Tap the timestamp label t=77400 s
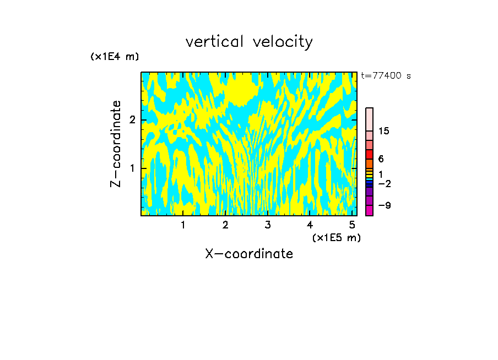[x=386, y=76]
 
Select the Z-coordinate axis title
[x=116, y=144]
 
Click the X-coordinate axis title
[x=249, y=254]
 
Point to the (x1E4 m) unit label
[x=115, y=57]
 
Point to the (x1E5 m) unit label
[x=336, y=237]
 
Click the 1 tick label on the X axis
[x=183, y=225]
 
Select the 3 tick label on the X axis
[x=268, y=225]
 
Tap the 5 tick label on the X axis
[x=353, y=225]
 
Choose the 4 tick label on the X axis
[x=310, y=225]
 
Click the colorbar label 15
[x=384, y=131]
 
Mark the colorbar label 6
[x=381, y=159]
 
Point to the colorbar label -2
[x=384, y=184]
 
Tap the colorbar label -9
[x=384, y=205]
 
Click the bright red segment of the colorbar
[x=369, y=154]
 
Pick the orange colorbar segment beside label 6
[x=369, y=163]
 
